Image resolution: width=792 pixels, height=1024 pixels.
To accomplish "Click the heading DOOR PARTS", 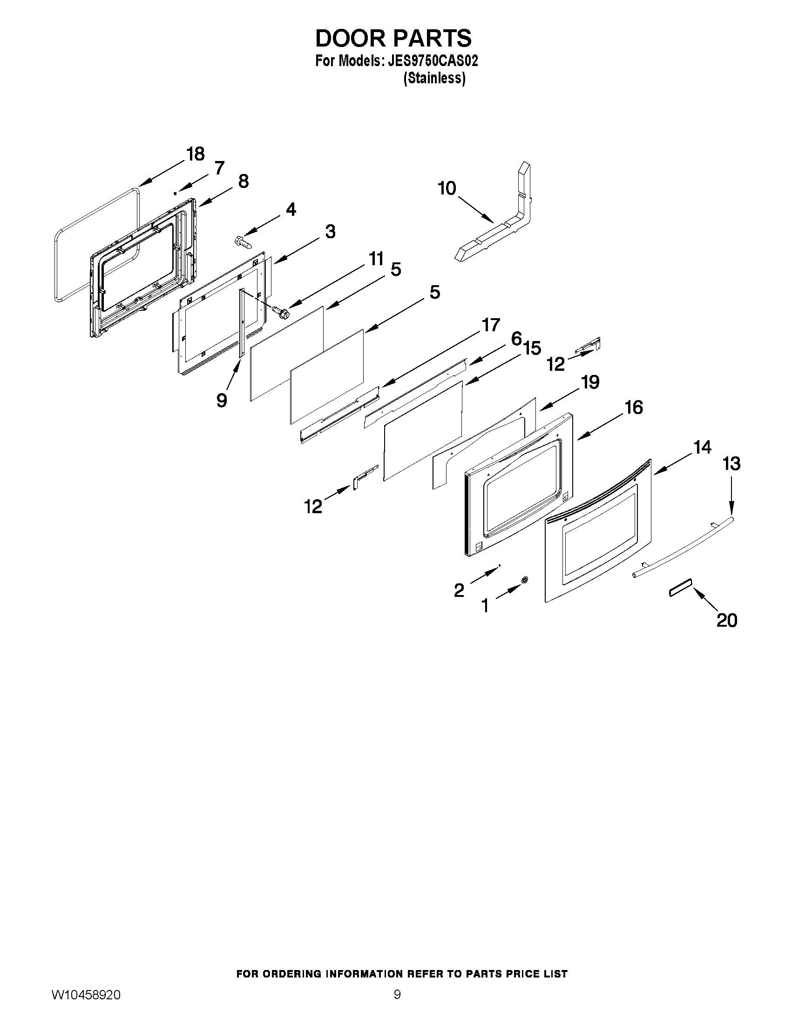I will pyautogui.click(x=393, y=39).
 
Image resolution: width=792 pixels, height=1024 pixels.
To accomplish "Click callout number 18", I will pyautogui.click(x=195, y=154).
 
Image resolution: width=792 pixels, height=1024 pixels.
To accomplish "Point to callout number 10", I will pyautogui.click(x=447, y=188).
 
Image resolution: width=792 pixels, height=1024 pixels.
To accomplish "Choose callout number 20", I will pyautogui.click(x=727, y=620).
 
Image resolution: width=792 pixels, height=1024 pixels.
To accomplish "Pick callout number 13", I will pyautogui.click(x=731, y=464).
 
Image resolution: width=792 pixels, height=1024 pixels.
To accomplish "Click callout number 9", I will pyautogui.click(x=222, y=400).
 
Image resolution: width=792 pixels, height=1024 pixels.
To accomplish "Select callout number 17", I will pyautogui.click(x=491, y=325).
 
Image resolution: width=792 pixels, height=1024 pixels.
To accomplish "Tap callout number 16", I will pyautogui.click(x=634, y=408).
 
